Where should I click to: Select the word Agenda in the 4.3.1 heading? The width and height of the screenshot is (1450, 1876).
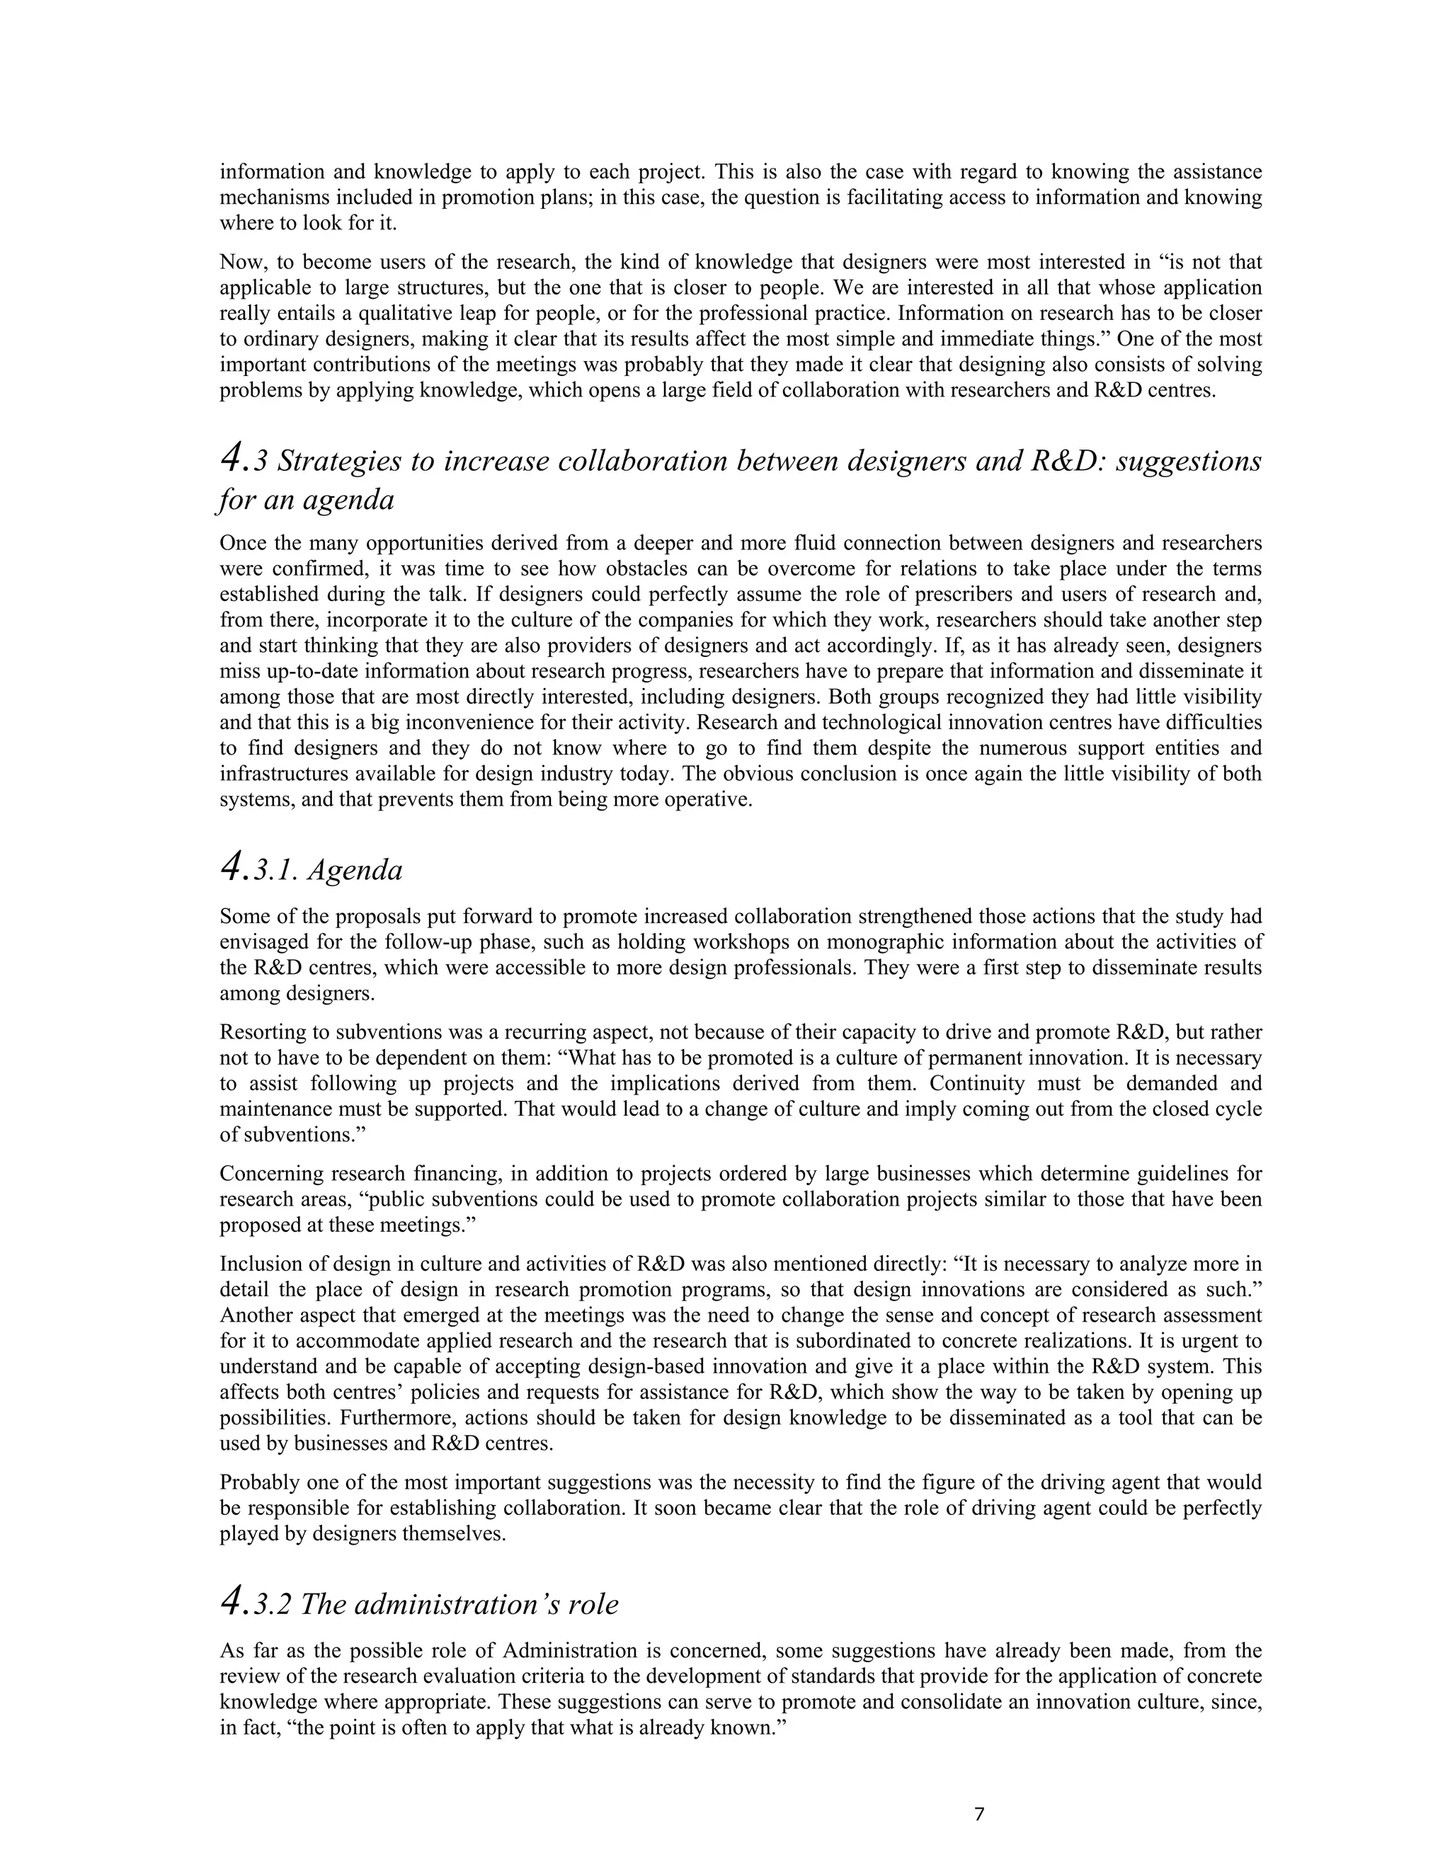355,870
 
